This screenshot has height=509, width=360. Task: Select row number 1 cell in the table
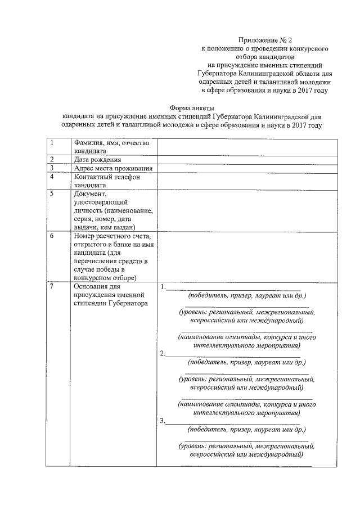click(57, 146)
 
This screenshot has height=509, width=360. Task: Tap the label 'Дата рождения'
click(97, 160)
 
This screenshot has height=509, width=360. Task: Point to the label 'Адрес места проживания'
click(114, 168)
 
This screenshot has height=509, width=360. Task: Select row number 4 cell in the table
click(57, 181)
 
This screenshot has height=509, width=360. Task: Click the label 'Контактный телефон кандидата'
click(106, 181)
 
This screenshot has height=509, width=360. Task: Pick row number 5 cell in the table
click(57, 210)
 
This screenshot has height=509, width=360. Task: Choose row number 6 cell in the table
click(57, 256)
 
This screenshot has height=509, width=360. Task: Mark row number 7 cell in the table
click(57, 374)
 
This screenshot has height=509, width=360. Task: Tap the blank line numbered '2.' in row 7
click(233, 354)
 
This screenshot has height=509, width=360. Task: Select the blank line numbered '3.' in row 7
click(233, 421)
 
